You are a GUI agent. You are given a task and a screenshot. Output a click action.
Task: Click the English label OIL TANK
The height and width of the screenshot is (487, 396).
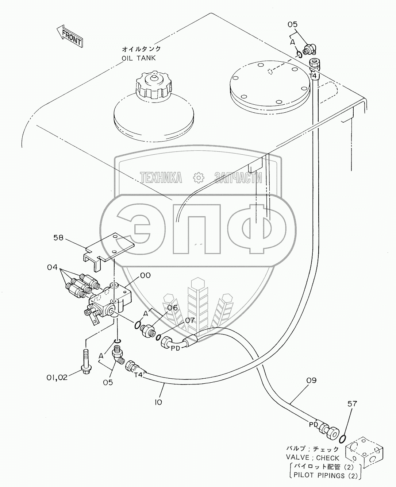click(x=139, y=58)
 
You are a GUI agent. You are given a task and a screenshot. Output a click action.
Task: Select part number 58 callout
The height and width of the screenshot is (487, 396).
click(x=58, y=238)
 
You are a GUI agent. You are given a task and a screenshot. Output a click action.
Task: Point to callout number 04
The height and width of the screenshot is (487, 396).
click(x=52, y=267)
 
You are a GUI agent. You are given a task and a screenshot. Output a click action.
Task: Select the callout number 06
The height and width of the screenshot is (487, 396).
click(x=172, y=308)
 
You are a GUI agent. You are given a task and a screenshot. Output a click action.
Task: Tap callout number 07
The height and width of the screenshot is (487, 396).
click(x=190, y=321)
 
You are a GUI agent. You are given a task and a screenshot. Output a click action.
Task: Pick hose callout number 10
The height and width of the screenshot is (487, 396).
click(x=158, y=402)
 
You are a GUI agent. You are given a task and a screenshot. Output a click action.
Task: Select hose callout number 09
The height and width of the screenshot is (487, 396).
click(x=311, y=380)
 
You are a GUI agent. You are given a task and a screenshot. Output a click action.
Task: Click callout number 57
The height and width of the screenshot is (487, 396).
click(x=352, y=404)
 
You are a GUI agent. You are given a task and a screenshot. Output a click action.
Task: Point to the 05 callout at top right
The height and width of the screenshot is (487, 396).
click(x=292, y=24)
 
